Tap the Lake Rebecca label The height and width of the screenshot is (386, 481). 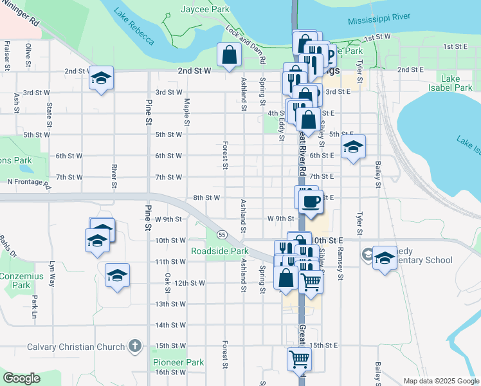(134, 26)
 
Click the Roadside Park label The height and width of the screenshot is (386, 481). (219, 251)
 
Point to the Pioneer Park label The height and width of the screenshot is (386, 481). (178, 362)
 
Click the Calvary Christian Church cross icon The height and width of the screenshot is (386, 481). (134, 347)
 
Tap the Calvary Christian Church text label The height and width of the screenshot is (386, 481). (76, 347)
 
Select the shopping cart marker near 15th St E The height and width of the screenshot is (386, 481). (300, 358)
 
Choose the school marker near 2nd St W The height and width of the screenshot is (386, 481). (101, 78)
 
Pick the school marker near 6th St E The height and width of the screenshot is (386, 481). (352, 147)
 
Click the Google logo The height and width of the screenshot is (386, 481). (22, 378)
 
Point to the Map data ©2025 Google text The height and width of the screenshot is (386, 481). (440, 381)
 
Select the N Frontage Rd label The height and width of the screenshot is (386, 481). (28, 183)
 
